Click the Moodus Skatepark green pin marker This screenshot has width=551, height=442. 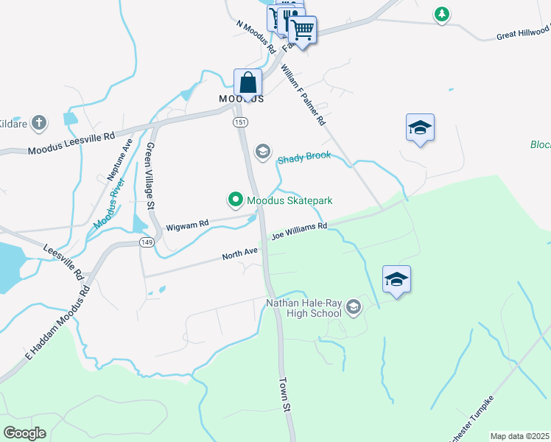click(x=235, y=200)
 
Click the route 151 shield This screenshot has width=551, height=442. click(x=239, y=122)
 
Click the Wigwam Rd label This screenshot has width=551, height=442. click(x=188, y=222)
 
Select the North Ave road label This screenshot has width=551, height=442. click(x=241, y=255)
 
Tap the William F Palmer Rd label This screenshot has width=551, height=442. click(x=303, y=94)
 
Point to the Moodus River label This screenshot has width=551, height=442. click(x=108, y=206)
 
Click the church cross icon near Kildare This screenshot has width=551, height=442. click(x=39, y=122)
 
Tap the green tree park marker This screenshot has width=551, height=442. click(x=441, y=13)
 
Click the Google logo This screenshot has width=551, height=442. click(x=25, y=433)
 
